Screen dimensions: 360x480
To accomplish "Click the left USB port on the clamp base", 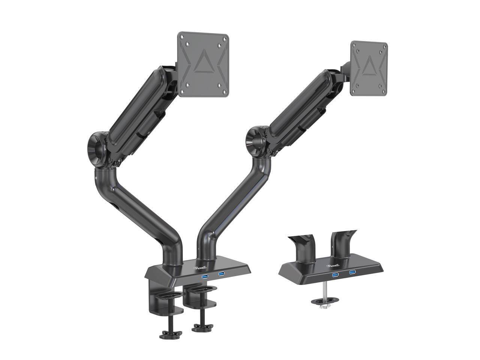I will [x=205, y=277].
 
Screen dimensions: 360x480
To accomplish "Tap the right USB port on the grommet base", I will [x=352, y=272].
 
